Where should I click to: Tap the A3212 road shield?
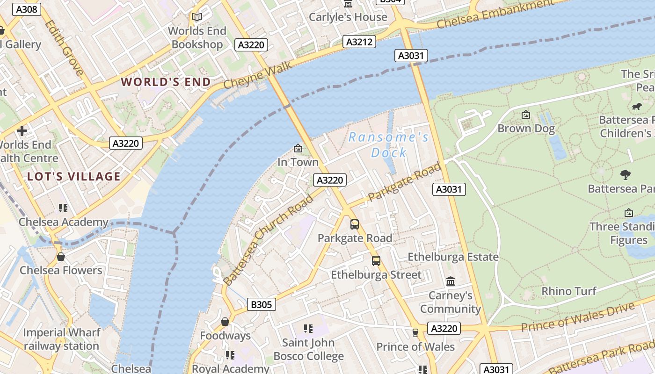[x=359, y=42]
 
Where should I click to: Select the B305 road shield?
[x=261, y=305]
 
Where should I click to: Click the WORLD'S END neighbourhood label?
[x=166, y=82]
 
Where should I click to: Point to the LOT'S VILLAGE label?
[x=74, y=177]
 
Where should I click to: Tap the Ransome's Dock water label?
[x=388, y=145]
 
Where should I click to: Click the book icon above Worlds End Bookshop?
[x=197, y=17]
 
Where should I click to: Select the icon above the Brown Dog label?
[x=526, y=115]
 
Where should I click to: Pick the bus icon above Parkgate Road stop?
[x=355, y=224]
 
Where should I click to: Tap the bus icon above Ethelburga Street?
[x=376, y=261]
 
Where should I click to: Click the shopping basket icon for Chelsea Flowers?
[x=60, y=257]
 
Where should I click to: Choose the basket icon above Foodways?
[x=225, y=322]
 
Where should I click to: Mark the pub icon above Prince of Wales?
[x=415, y=332]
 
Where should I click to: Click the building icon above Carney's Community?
[x=451, y=281]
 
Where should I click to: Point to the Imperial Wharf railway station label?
[x=61, y=339]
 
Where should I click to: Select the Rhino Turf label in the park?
[x=569, y=291]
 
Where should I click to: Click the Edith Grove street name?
[x=65, y=48]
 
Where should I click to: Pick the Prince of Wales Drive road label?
[x=578, y=317]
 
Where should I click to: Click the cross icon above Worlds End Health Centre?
[x=22, y=131]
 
